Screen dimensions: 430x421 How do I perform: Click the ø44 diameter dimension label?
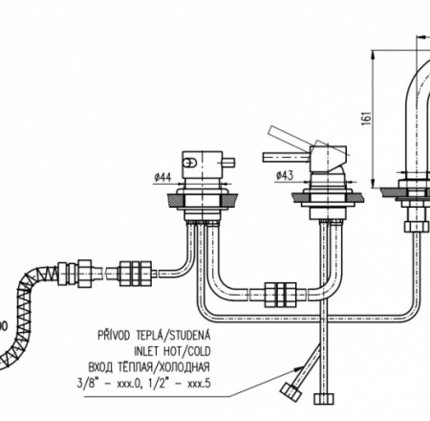162,177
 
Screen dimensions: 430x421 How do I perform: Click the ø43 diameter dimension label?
285,175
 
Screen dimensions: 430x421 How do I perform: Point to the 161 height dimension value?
367,118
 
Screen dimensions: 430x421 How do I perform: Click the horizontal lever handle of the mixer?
286,157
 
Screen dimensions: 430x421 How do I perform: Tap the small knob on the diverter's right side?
229,162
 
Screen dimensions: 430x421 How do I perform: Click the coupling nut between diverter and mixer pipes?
280,295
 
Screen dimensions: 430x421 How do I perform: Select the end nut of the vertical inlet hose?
324,399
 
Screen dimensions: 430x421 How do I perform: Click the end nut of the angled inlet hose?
290,391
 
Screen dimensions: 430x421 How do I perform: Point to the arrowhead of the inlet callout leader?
297,369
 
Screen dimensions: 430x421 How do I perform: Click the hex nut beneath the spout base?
413,226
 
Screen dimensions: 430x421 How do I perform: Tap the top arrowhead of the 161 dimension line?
372,55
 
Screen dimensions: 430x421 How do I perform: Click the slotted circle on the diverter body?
190,163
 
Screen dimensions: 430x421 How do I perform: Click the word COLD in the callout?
200,351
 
